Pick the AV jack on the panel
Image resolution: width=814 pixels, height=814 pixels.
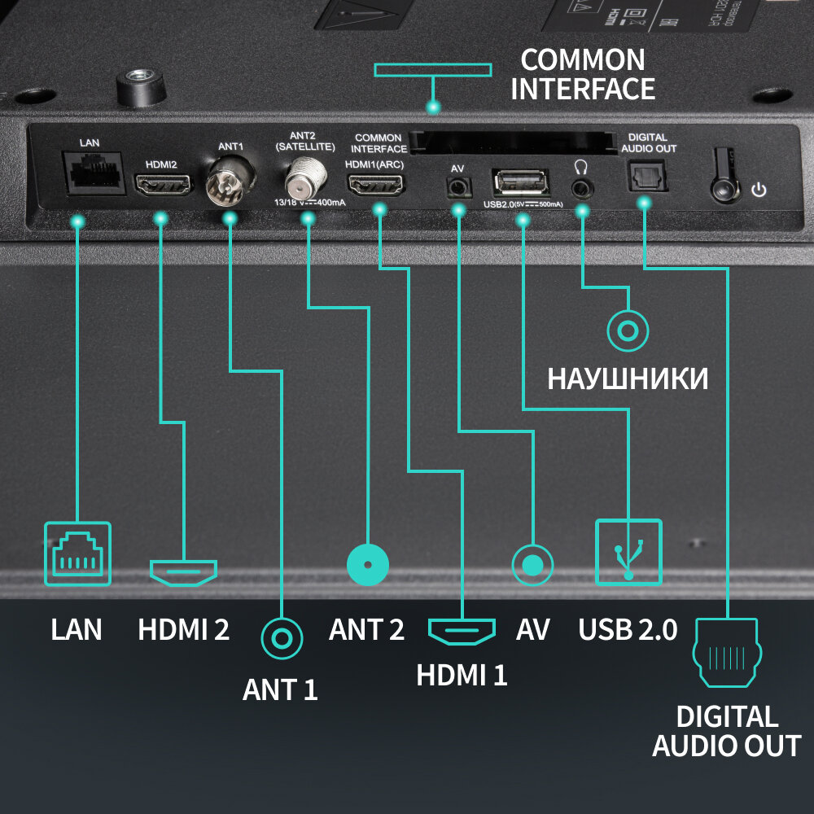(458, 186)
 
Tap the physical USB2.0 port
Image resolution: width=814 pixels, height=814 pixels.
(519, 182)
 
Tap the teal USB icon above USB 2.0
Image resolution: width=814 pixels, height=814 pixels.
(628, 552)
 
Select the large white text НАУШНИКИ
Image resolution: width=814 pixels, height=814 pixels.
(628, 379)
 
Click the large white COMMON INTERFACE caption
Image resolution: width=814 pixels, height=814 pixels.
(583, 74)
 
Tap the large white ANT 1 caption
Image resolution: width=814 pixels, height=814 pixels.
(280, 690)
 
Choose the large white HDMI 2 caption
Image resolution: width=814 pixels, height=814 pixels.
(183, 629)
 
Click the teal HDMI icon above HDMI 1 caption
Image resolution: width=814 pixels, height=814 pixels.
(462, 630)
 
